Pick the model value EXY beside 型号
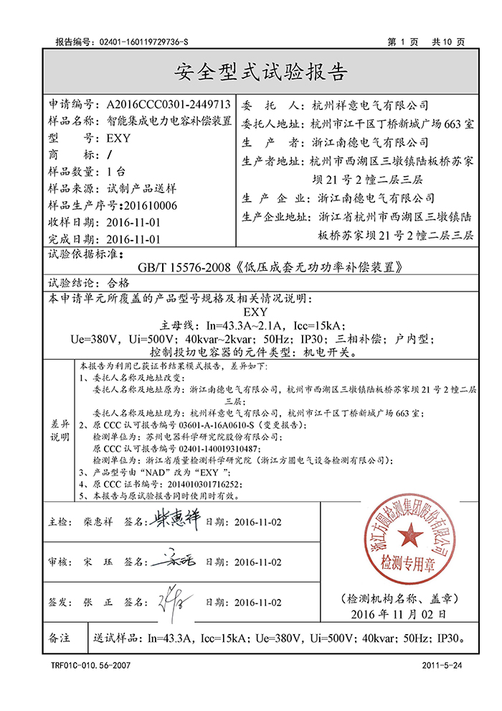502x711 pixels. pyautogui.click(x=118, y=139)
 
